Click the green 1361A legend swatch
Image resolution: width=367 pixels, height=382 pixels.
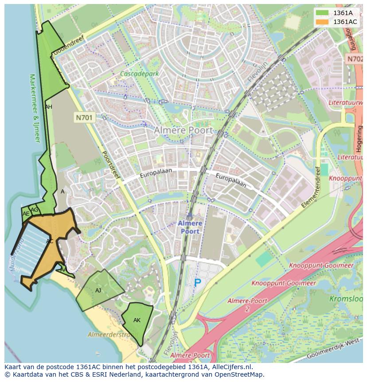[x=323, y=13]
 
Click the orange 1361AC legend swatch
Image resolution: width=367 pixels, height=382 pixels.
[x=323, y=22]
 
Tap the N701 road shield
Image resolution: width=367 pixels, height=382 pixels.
[x=84, y=118]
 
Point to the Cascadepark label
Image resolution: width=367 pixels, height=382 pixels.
[x=139, y=74]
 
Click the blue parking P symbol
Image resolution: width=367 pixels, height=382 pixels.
[x=197, y=282]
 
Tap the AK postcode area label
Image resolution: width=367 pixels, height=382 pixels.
[x=137, y=320]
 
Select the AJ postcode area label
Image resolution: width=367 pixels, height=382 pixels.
[x=98, y=291]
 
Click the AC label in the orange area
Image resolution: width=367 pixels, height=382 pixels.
[x=50, y=241]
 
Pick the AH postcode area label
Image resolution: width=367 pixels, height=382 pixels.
[x=49, y=107]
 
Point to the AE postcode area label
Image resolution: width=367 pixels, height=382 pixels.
[x=26, y=214]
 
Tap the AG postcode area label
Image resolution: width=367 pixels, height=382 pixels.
[x=35, y=210]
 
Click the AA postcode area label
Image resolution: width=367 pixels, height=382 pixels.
[x=63, y=269]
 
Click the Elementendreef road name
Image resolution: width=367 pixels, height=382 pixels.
[x=310, y=188]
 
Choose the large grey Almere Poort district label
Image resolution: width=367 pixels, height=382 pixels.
[x=183, y=130]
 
